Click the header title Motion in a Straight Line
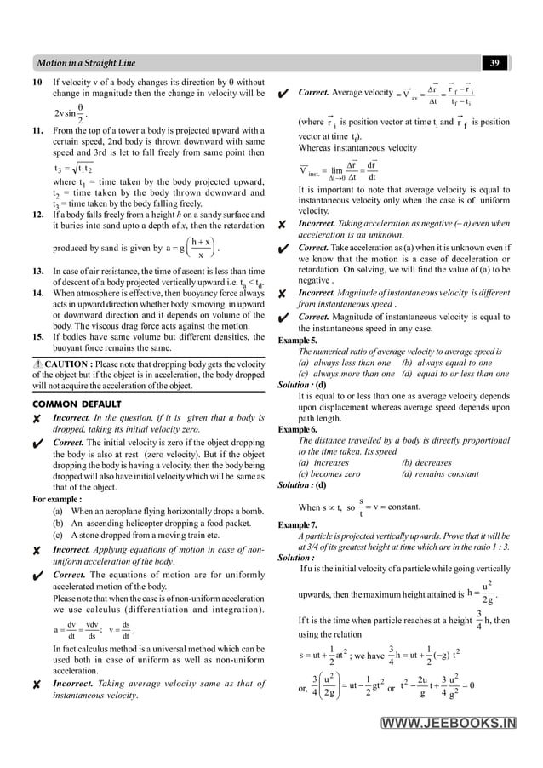pyautogui.click(x=86, y=63)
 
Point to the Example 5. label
pyautogui.click(x=297, y=341)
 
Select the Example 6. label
pyautogui.click(x=297, y=430)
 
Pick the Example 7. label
pyautogui.click(x=297, y=525)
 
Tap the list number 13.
pyautogui.click(x=38, y=271)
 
